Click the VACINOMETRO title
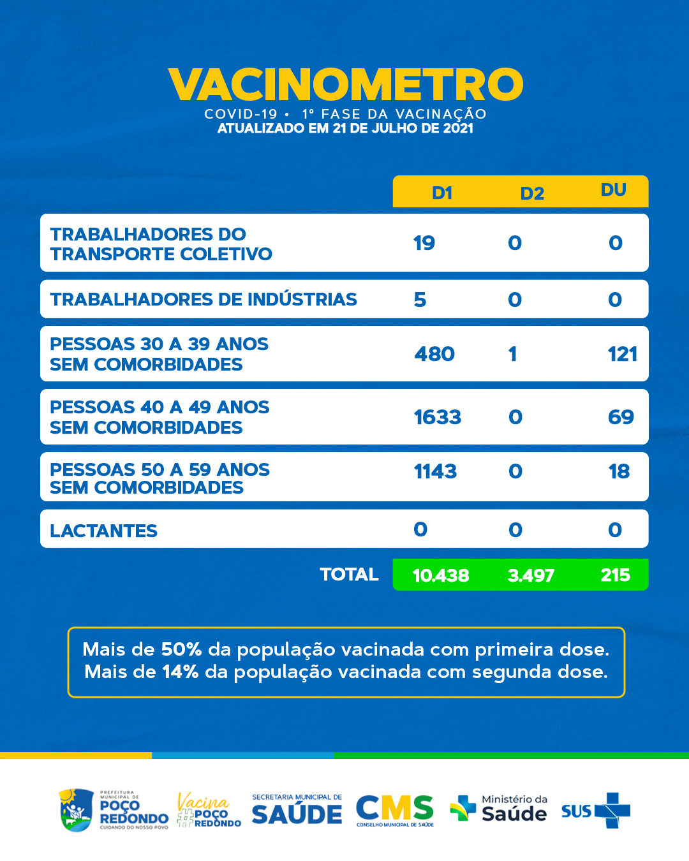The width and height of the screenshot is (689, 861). click(345, 85)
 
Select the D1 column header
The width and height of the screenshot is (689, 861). click(442, 193)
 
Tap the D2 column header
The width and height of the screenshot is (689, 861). click(532, 193)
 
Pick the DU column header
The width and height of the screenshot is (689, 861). click(613, 190)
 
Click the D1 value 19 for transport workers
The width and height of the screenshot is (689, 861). click(424, 243)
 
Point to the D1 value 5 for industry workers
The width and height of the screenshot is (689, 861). click(420, 300)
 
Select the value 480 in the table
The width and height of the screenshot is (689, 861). click(434, 354)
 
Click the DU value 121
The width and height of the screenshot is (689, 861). click(622, 354)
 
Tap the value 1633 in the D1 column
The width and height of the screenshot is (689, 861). click(437, 417)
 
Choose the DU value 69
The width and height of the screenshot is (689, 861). click(621, 417)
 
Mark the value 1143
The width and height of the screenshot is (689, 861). click(435, 471)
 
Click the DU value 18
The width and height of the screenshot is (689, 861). click(619, 471)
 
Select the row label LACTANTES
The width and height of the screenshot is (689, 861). click(103, 531)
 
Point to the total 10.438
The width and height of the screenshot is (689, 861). click(441, 575)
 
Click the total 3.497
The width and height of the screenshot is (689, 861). click(531, 575)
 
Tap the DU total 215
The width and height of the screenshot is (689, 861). click(615, 575)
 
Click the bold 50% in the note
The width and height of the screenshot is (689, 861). click(181, 649)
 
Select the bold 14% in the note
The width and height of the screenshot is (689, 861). click(180, 672)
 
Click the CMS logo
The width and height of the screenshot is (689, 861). click(395, 810)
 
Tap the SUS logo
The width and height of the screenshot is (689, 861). click(595, 811)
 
